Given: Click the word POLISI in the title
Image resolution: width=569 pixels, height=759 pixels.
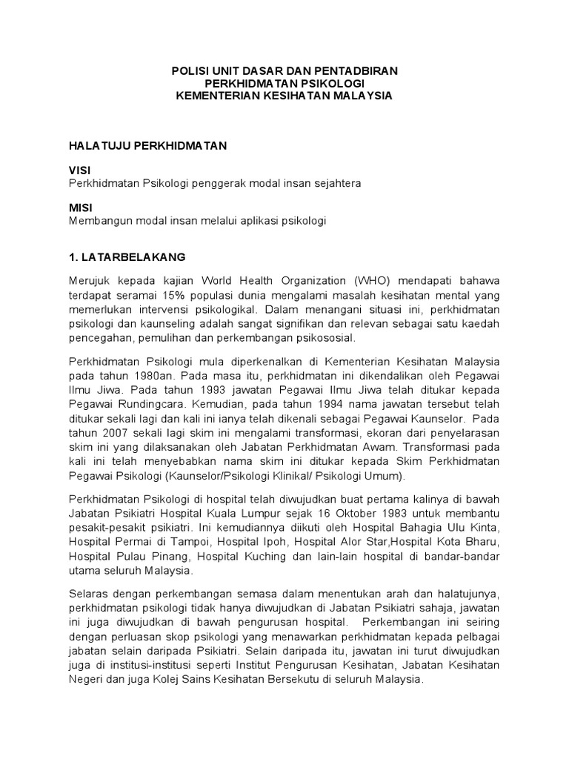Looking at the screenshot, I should pos(187,70).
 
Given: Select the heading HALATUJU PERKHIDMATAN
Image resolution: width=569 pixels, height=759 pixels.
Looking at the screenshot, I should pos(147,146).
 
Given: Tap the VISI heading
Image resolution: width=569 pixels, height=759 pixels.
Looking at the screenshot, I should pos(80,170).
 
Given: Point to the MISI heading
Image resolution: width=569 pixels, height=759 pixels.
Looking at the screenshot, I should pos(80,209).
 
